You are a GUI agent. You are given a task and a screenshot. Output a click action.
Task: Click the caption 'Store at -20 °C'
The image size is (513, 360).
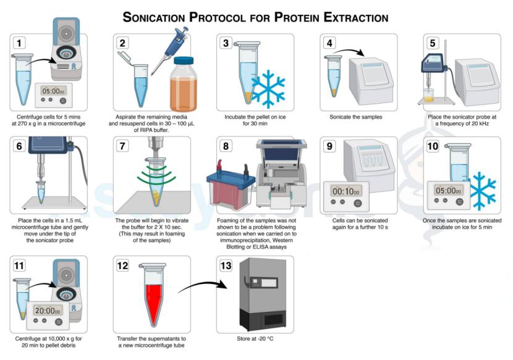tap(254, 339)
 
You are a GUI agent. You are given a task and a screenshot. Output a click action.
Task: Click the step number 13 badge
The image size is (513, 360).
tap(227, 266)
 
